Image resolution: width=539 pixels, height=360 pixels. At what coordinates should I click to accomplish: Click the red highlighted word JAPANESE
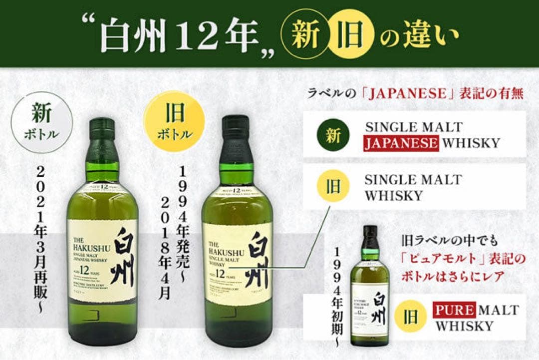[401, 144]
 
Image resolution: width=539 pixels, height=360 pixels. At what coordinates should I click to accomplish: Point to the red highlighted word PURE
[454, 310]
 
